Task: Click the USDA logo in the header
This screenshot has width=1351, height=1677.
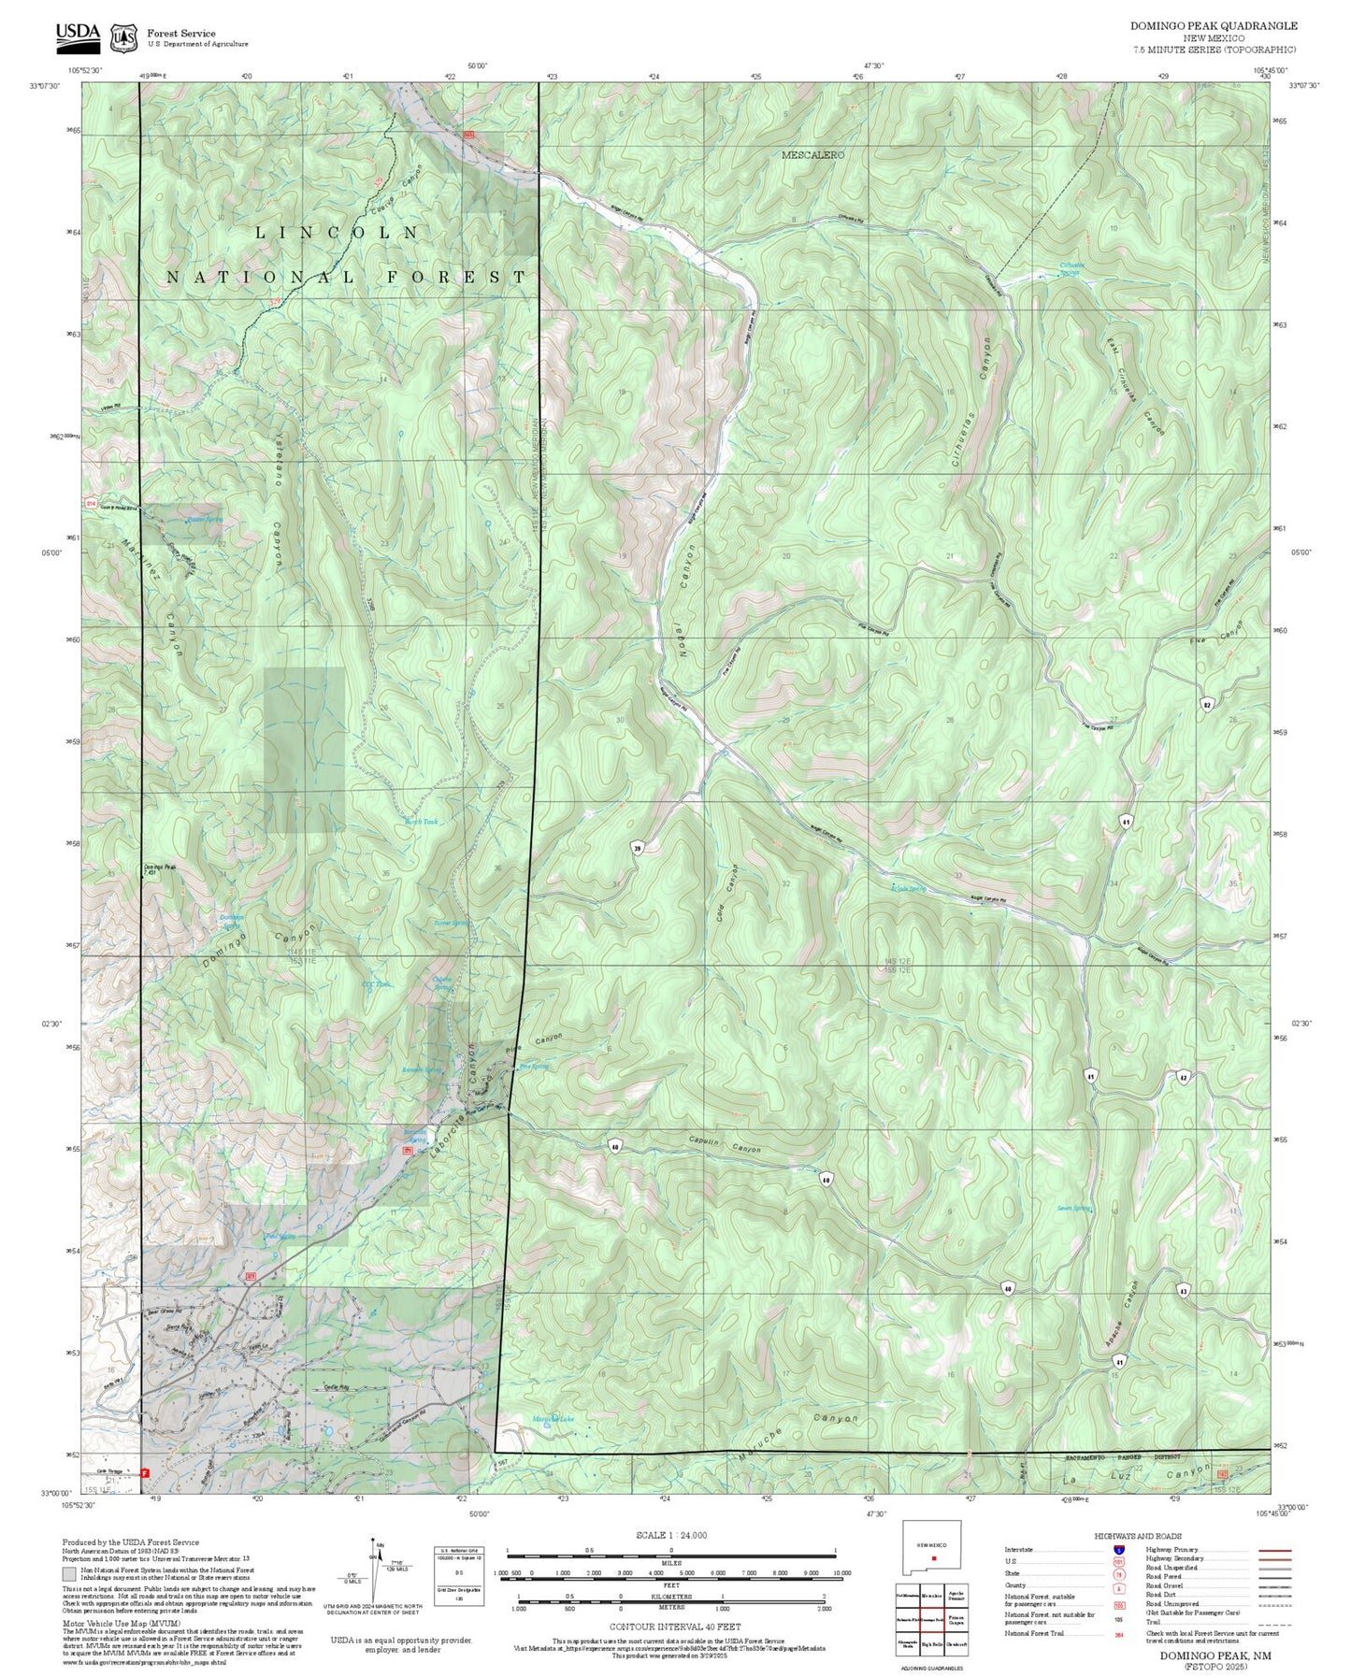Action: point(78,35)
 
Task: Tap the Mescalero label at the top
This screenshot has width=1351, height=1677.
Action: point(812,155)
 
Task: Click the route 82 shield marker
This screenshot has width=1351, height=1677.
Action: point(1207,703)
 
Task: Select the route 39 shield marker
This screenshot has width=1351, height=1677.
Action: point(638,848)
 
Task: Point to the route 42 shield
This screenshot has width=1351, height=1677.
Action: point(1183,1077)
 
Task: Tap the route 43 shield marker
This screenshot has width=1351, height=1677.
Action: point(1183,1291)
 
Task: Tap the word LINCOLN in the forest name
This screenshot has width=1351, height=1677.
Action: point(337,233)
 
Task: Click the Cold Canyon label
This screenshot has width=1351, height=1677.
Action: point(727,894)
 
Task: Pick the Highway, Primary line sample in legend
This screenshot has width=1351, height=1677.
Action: point(1275,1550)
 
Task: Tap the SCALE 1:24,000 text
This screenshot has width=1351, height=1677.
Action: point(670,1535)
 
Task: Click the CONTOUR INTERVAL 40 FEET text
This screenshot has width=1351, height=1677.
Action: point(670,1627)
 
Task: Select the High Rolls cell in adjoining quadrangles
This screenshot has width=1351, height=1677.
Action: point(932,1643)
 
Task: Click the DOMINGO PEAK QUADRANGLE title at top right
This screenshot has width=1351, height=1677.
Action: point(1214,26)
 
